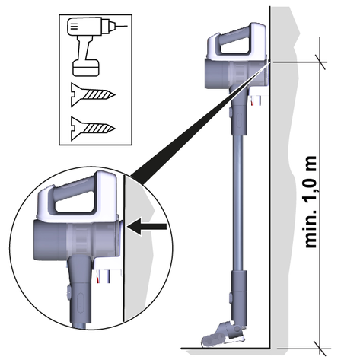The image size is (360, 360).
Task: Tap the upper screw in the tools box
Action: pyautogui.click(x=92, y=95)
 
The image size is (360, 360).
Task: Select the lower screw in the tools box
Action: pyautogui.click(x=92, y=129)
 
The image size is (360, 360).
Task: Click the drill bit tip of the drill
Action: pyautogui.click(x=127, y=26)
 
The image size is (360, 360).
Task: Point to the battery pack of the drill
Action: pyautogui.click(x=86, y=68)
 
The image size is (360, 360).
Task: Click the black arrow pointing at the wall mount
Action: pyautogui.click(x=147, y=226)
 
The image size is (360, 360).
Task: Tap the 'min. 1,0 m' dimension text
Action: pyautogui.click(x=310, y=202)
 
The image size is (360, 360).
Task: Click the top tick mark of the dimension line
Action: pyautogui.click(x=320, y=62)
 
